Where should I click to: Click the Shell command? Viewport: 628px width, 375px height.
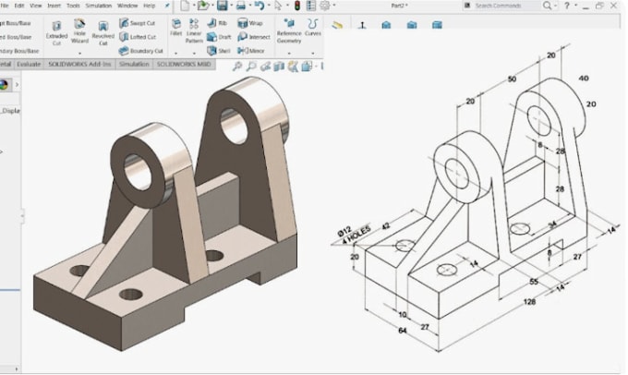point(220,51)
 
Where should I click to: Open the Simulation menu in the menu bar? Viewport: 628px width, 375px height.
point(98,6)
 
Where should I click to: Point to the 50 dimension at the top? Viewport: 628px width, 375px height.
point(512,80)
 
